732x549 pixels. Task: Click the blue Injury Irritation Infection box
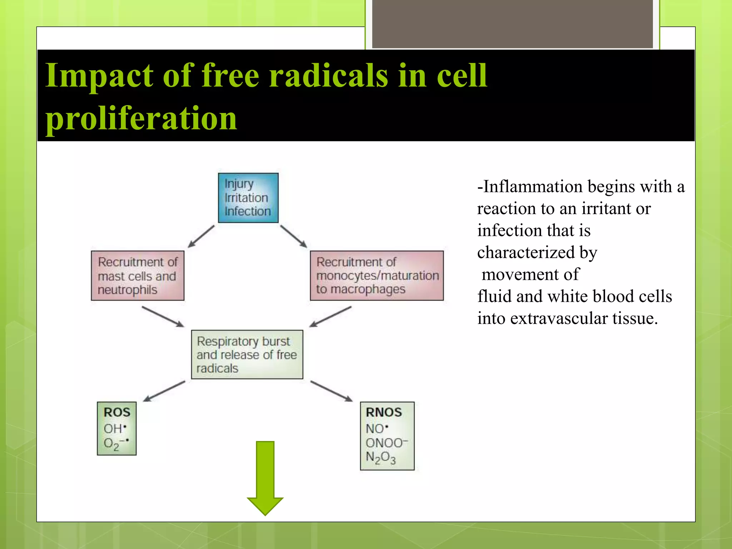248,198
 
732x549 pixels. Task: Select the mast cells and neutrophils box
138,276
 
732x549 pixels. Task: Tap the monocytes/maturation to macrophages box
377,276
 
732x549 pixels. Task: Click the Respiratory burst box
247,354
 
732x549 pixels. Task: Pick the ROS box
117,428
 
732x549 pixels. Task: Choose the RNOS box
387,436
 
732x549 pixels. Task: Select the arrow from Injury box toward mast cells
201,236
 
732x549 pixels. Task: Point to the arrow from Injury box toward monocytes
294,236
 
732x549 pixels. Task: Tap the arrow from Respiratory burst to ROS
164,391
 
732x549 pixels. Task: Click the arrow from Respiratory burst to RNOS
331,391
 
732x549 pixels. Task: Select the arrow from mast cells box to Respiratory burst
163,316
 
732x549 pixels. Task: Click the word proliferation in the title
141,118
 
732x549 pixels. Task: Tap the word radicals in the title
328,75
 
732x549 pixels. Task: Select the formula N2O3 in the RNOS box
381,458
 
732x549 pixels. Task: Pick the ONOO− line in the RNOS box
386,443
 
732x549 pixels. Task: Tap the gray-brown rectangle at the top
513,24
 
